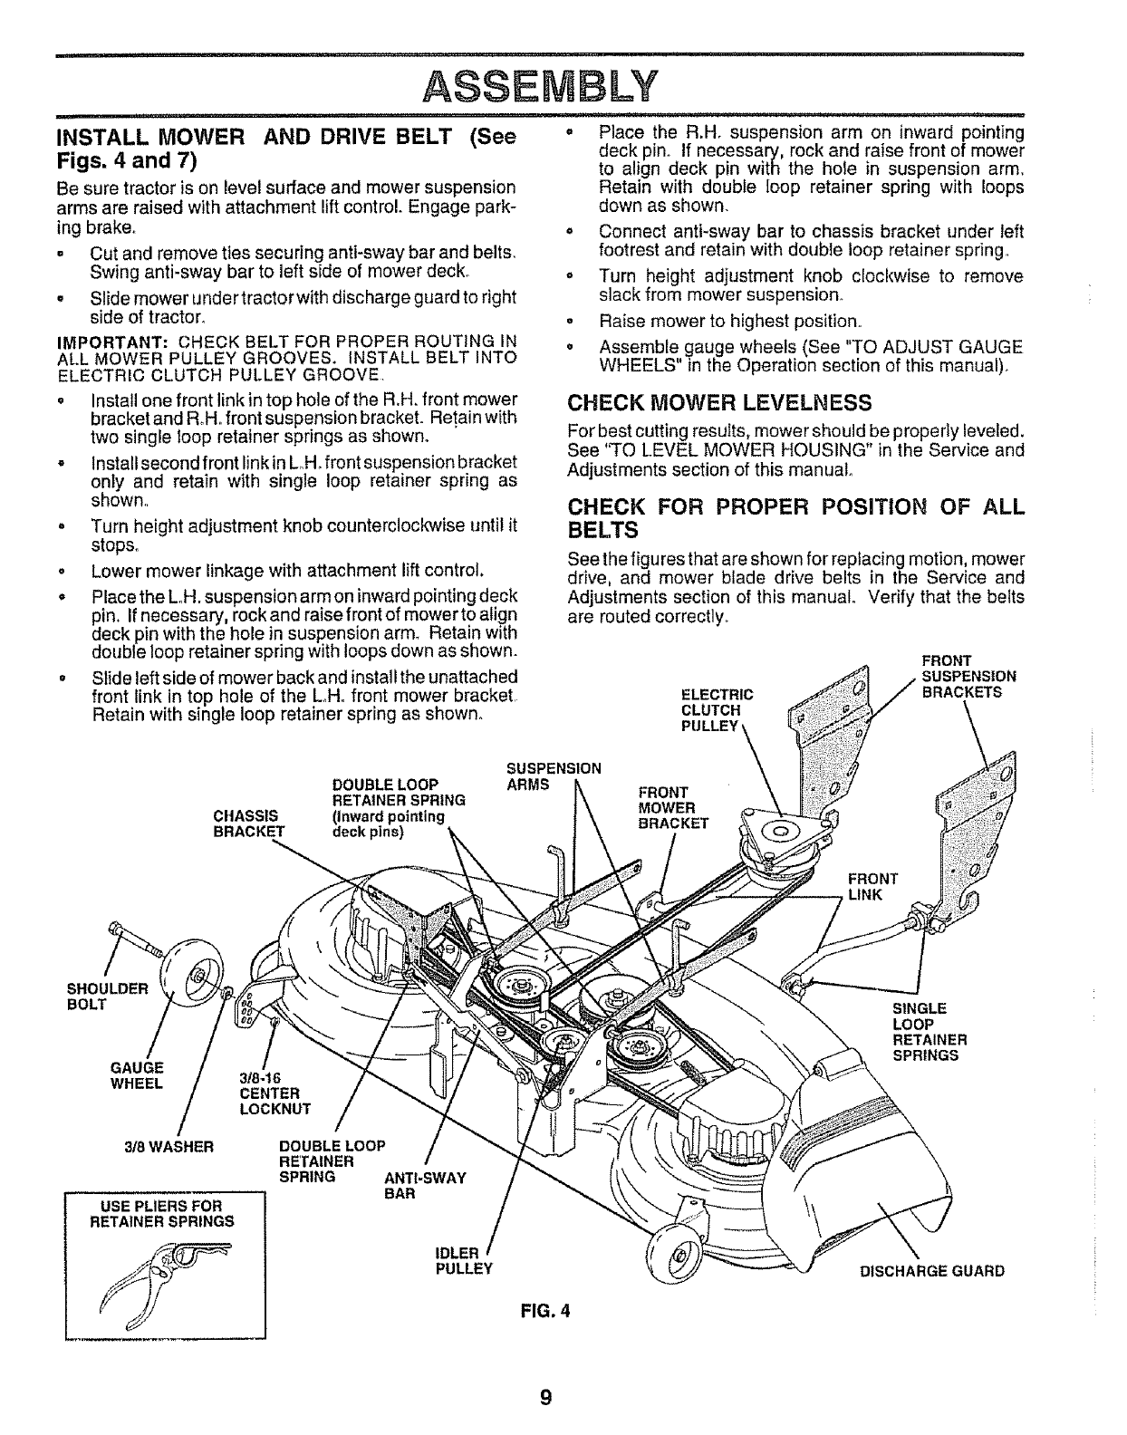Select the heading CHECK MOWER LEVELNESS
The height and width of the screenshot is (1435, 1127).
tap(719, 402)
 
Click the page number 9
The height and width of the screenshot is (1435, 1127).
tap(544, 1396)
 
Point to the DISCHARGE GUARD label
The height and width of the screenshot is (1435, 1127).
tap(931, 1270)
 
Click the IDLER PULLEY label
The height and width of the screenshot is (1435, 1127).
tap(463, 1260)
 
